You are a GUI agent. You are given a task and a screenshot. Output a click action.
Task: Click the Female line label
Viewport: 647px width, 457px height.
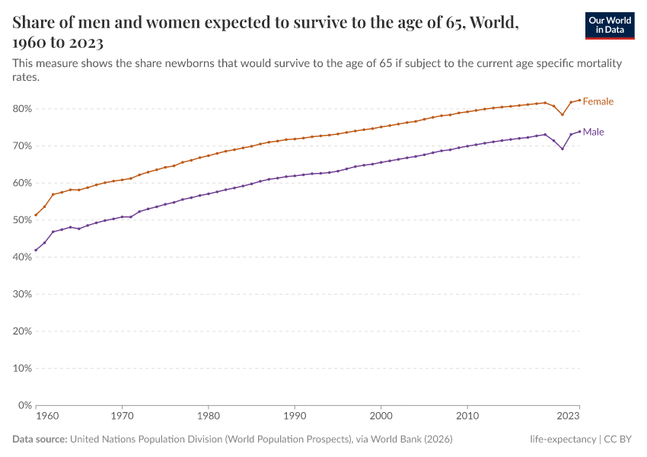point(598,101)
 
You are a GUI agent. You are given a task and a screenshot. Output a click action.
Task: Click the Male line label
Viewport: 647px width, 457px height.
point(593,133)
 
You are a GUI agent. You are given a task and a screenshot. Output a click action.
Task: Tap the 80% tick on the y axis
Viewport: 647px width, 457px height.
point(21,109)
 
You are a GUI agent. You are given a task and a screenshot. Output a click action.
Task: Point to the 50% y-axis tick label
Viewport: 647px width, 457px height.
point(21,220)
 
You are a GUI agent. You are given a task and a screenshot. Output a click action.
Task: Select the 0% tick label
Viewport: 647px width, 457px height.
point(24,405)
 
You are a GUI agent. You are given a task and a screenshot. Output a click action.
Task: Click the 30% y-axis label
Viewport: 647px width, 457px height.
point(21,294)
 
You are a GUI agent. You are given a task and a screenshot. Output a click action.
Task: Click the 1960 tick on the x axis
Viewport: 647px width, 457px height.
point(46,417)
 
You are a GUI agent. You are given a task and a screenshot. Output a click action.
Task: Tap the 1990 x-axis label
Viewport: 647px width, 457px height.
point(295,417)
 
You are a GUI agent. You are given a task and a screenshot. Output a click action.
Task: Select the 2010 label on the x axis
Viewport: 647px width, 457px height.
point(467,417)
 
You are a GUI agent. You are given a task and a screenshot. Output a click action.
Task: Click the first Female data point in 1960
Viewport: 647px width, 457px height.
point(36,215)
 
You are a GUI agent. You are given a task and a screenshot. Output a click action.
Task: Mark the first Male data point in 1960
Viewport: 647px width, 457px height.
point(36,250)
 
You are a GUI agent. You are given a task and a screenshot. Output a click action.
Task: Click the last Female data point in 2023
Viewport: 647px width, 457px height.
point(579,100)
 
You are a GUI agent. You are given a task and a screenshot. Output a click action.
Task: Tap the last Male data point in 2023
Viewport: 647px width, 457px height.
point(579,131)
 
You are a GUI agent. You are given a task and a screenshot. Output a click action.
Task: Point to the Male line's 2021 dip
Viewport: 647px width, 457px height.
point(563,149)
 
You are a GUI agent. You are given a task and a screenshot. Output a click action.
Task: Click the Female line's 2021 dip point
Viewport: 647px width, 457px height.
point(563,114)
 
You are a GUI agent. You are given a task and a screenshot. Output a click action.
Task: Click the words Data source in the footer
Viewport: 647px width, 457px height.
point(40,439)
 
